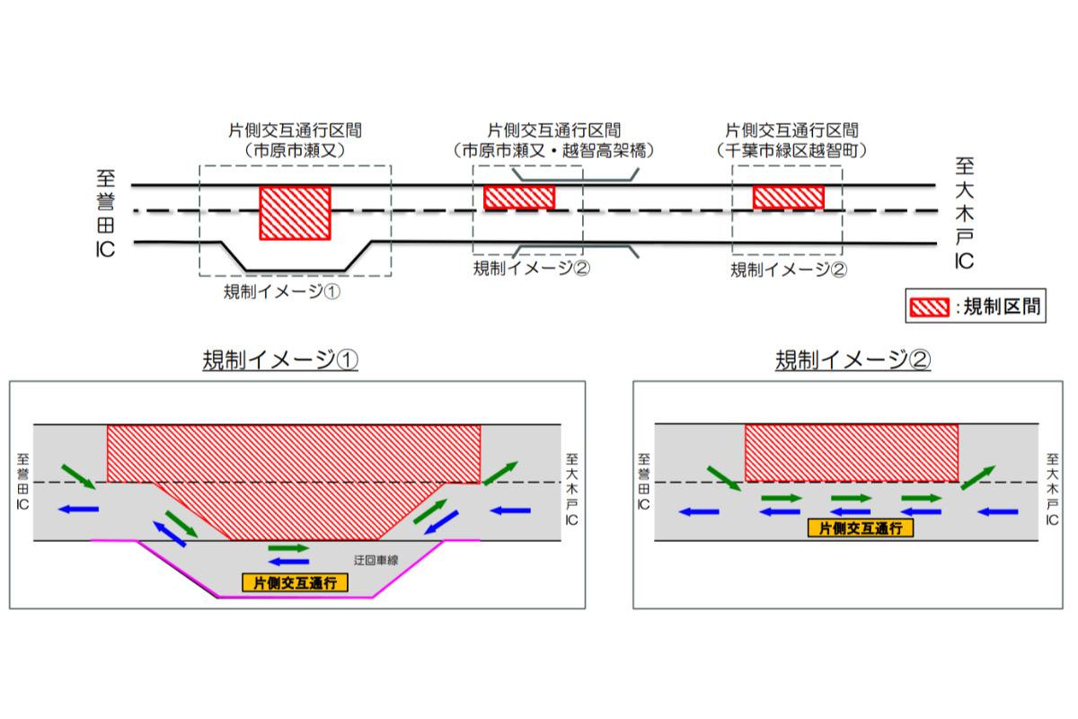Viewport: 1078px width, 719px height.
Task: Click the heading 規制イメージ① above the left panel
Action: tap(280, 359)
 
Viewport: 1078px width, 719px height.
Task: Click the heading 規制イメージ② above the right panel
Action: tap(853, 359)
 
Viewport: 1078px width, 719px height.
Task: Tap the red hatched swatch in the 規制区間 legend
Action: tap(929, 306)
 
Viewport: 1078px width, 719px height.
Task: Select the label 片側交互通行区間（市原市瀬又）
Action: tap(295, 140)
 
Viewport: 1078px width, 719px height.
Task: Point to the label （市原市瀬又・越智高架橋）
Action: tap(553, 151)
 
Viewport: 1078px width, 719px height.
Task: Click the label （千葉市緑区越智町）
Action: tap(791, 151)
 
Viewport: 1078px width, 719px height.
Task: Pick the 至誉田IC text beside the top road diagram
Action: tap(105, 214)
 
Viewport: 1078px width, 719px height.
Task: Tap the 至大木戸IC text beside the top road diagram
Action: tap(965, 213)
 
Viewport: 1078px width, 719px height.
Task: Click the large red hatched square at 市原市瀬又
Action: tap(295, 213)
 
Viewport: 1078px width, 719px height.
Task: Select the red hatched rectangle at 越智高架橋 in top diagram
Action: tap(519, 198)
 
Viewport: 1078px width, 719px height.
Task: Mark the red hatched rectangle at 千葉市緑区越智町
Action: tap(789, 198)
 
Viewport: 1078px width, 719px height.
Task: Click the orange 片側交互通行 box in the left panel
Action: tap(295, 583)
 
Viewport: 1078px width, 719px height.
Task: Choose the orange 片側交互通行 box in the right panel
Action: tap(861, 528)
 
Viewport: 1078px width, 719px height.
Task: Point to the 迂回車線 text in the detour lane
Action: tap(376, 560)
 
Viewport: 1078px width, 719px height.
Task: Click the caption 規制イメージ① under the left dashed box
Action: tap(282, 291)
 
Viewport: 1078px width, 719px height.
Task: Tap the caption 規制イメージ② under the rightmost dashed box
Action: tap(789, 270)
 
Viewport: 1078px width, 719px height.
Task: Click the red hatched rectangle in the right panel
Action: tap(852, 453)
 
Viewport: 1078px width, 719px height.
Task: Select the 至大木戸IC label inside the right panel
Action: tap(1052, 489)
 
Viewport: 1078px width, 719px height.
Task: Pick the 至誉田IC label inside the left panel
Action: tap(22, 482)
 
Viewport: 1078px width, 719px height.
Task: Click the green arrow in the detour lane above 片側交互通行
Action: tap(288, 548)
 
